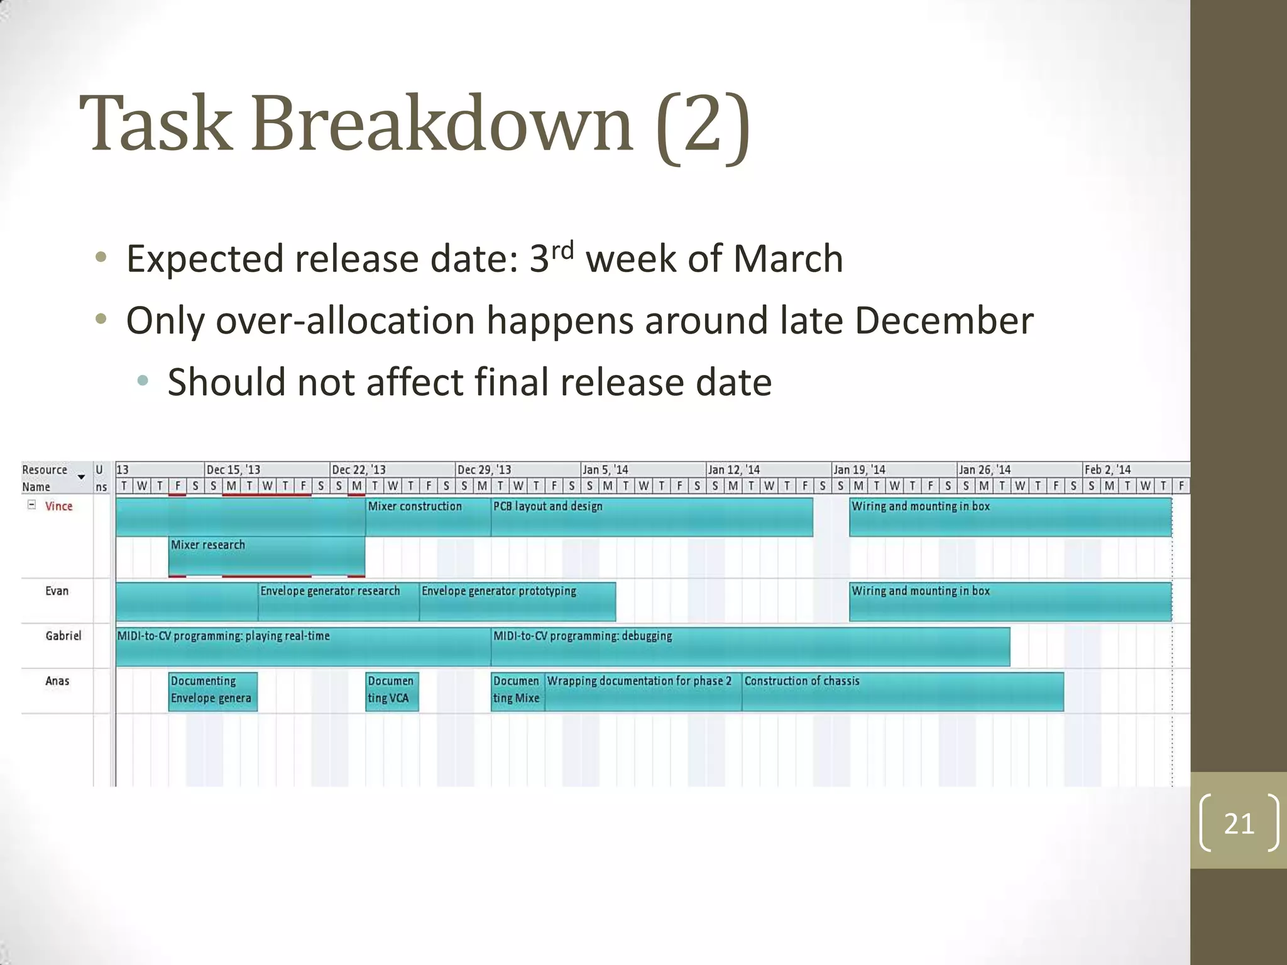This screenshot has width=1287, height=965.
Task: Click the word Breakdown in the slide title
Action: click(x=442, y=124)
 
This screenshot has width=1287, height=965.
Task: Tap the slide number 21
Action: click(x=1239, y=824)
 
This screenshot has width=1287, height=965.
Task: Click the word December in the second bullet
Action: click(x=943, y=320)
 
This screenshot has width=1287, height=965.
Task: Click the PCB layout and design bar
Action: click(x=651, y=517)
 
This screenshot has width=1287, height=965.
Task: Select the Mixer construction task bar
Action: click(x=428, y=517)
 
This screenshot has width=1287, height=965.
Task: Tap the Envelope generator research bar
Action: click(x=338, y=602)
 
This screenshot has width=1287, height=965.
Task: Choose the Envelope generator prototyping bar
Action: click(x=517, y=602)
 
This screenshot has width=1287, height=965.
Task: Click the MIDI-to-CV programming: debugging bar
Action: click(x=750, y=647)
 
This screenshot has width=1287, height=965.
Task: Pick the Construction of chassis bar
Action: click(x=902, y=692)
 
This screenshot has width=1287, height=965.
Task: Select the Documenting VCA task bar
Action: click(x=392, y=692)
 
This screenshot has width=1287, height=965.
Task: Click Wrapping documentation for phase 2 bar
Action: click(x=643, y=692)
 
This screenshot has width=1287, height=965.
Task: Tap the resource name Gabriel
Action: click(x=63, y=636)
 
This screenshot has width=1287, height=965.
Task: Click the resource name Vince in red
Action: click(x=58, y=506)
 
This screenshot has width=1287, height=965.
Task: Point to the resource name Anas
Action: click(x=57, y=681)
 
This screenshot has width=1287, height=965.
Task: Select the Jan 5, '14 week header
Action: click(x=605, y=470)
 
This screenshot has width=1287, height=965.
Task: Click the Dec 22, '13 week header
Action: click(x=359, y=470)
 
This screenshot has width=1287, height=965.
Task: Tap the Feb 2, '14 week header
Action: click(x=1107, y=470)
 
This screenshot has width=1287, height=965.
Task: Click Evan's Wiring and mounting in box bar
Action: click(x=1010, y=602)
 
